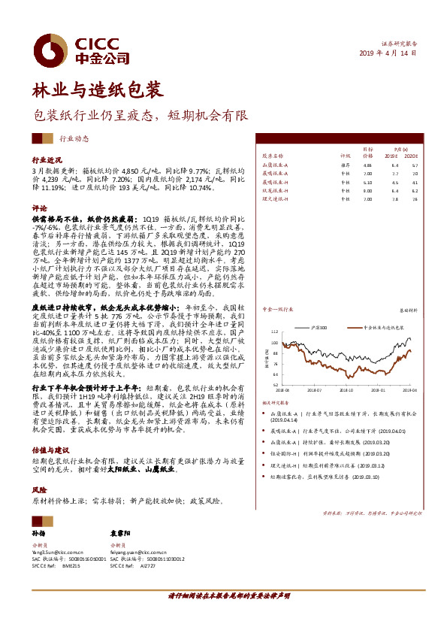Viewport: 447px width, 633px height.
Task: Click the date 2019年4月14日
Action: pyautogui.click(x=388, y=54)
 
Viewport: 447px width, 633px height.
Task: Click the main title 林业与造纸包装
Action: pyautogui.click(x=96, y=90)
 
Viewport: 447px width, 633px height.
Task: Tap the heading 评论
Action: pyautogui.click(x=38, y=207)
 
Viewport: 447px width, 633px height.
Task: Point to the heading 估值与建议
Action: pyautogui.click(x=50, y=448)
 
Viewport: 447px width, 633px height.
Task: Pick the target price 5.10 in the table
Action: pyautogui.click(x=367, y=182)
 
